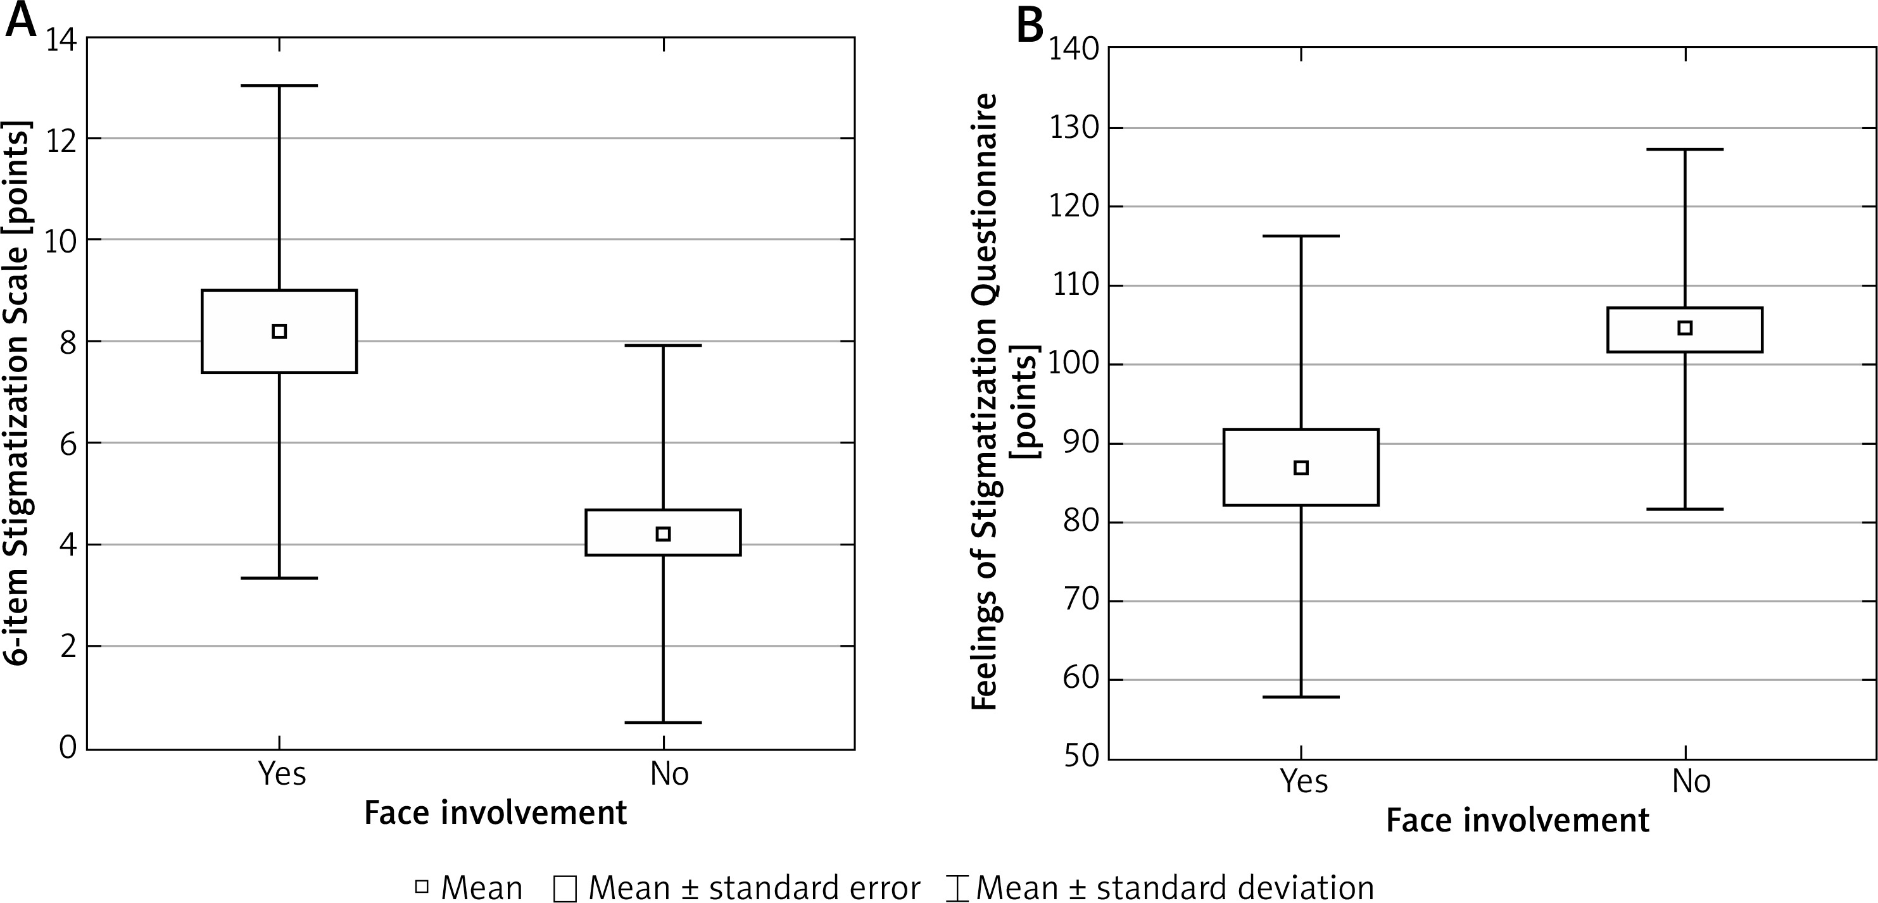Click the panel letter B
click(1030, 26)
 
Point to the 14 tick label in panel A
click(61, 40)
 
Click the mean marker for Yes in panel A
click(279, 332)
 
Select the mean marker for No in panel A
click(664, 534)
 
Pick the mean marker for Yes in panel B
click(1301, 468)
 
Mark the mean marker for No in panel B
click(1685, 328)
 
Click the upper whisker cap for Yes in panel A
click(279, 86)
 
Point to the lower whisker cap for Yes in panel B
click(1301, 697)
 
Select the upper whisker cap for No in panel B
click(1685, 149)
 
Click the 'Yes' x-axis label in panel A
click(283, 773)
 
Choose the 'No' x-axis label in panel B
click(1691, 782)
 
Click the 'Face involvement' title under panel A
click(496, 813)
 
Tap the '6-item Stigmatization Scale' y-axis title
click(19, 394)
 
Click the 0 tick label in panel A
click(68, 748)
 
